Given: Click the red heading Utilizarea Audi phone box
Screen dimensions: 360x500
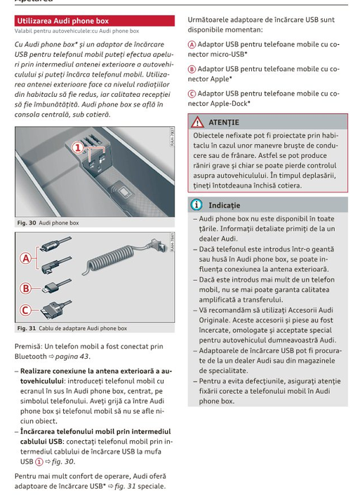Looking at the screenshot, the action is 62,21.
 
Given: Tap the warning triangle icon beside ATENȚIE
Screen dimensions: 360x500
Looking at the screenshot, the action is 197,121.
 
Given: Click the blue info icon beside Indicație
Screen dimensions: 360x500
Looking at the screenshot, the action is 196,205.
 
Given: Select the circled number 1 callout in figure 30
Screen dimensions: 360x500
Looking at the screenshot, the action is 78,147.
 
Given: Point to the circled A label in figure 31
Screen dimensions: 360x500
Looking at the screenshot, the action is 26,258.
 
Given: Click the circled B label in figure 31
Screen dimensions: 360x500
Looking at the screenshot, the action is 26,289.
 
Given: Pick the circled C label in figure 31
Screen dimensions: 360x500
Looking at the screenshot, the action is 26,310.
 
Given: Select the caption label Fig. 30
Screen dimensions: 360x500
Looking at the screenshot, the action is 27,223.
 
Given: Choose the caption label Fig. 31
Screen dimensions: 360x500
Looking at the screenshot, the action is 27,328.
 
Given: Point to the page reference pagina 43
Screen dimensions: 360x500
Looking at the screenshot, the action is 72,357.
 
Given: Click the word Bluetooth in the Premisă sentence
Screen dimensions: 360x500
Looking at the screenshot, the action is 31,356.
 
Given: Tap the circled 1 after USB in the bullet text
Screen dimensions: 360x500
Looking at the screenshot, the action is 39,462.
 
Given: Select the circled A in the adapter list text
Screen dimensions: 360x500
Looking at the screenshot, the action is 192,44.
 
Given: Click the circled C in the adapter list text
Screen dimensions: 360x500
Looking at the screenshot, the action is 192,94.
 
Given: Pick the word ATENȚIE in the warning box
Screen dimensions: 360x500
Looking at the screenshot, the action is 224,122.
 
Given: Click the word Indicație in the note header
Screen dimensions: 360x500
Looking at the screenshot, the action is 225,205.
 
